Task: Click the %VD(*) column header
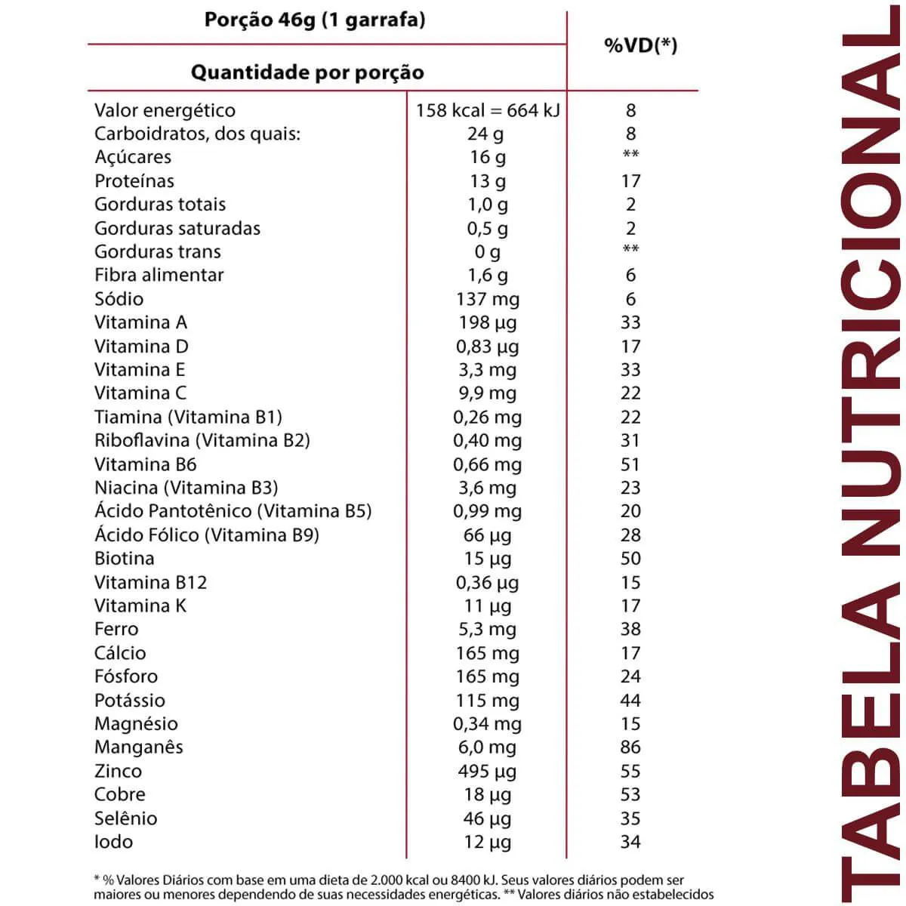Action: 640,45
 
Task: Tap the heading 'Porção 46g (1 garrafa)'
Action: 314,20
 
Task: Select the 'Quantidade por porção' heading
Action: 307,72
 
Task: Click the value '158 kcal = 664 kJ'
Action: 488,110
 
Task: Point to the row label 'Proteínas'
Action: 134,181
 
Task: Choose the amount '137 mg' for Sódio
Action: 488,299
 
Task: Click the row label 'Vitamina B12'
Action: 150,582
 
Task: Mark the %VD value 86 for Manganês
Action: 630,747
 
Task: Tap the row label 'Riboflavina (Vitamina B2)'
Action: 202,440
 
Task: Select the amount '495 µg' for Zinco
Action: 488,772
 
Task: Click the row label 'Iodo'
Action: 113,842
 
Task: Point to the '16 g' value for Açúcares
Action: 488,157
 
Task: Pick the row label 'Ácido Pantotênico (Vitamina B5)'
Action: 233,511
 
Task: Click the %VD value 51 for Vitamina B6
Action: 630,464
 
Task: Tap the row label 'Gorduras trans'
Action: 158,251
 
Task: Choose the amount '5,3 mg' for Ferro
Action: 488,630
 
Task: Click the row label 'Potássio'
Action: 130,700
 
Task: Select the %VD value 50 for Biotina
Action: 630,559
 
